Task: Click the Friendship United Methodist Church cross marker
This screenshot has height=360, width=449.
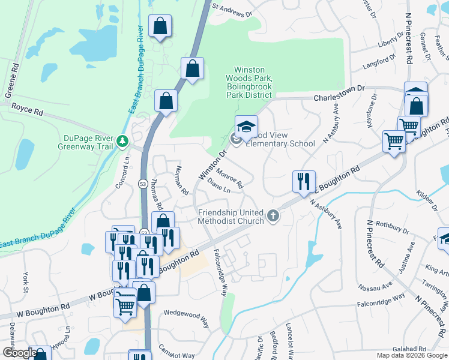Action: pyautogui.click(x=273, y=215)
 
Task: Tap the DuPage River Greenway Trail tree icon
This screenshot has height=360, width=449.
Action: pyautogui.click(x=123, y=142)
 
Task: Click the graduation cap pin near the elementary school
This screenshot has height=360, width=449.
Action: pyautogui.click(x=246, y=126)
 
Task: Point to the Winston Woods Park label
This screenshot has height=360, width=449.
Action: pyautogui.click(x=249, y=79)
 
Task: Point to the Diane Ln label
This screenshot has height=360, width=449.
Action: pyautogui.click(x=218, y=185)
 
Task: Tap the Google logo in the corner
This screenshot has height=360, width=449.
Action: pyautogui.click(x=19, y=353)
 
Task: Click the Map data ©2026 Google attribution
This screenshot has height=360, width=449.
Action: pyautogui.click(x=411, y=355)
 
